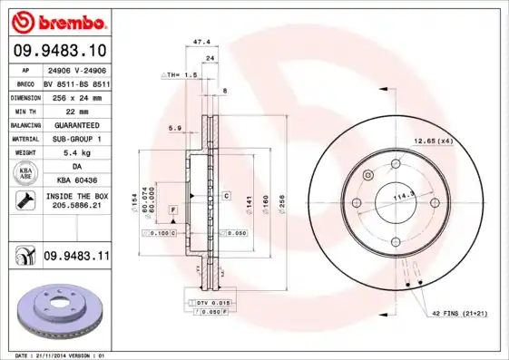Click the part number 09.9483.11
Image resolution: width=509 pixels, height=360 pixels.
point(75,258)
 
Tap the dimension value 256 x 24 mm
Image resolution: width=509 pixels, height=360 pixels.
point(75,96)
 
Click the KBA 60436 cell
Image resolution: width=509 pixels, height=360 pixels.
point(75,181)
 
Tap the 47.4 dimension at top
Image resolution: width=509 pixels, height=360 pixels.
point(202,42)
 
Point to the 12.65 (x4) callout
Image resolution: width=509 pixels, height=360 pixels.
point(433,141)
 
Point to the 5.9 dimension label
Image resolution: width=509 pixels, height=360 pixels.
point(174,128)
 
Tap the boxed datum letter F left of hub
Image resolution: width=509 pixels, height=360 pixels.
point(170,210)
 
